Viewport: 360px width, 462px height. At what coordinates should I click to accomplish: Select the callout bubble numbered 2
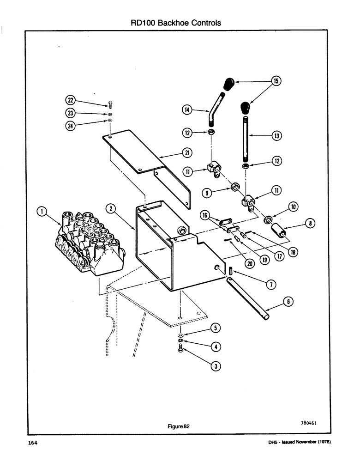coord(110,208)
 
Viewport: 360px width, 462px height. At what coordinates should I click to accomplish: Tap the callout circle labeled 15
coord(276,81)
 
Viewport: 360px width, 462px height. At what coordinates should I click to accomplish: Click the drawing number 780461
coord(307,422)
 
